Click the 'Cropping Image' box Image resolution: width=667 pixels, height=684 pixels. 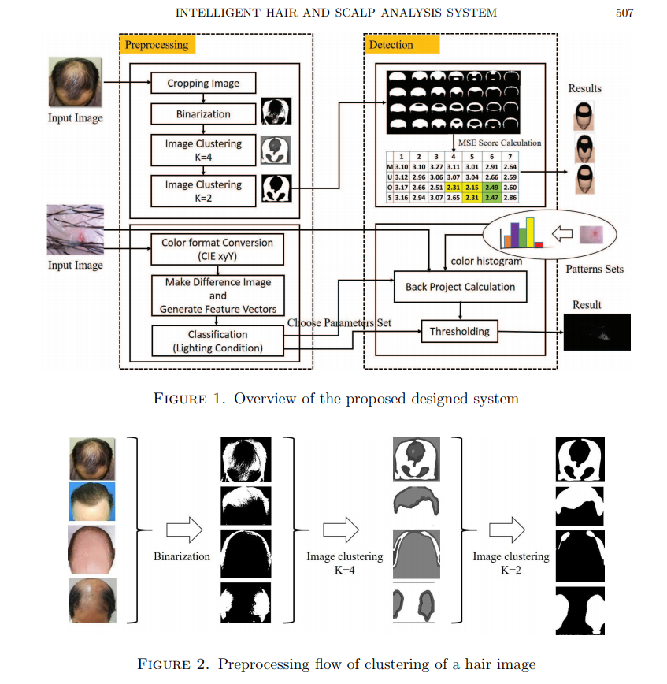(203, 84)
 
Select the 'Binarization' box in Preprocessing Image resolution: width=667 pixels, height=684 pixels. (203, 114)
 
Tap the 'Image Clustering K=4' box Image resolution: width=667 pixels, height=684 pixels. (203, 150)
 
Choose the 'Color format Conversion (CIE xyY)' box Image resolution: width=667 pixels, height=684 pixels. (217, 249)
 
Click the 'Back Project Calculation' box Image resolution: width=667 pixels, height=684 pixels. (460, 287)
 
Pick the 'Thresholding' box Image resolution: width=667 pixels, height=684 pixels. (459, 332)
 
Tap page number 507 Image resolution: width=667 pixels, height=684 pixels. (622, 13)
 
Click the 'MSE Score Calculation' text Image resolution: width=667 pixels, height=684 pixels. (501, 143)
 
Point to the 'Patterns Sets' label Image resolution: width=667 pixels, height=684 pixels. (595, 269)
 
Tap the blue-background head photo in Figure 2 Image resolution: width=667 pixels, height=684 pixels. (91, 502)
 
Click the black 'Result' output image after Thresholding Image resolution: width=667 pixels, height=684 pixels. (597, 332)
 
